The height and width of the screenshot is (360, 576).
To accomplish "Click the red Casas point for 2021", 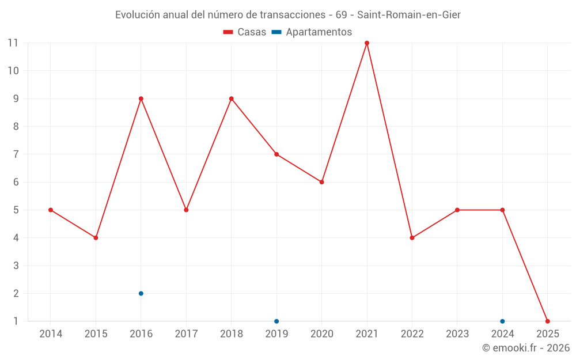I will pyautogui.click(x=367, y=43).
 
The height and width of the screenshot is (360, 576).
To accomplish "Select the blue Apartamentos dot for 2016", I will pyautogui.click(x=141, y=294).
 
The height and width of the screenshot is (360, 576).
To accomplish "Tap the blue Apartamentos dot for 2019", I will pyautogui.click(x=276, y=321).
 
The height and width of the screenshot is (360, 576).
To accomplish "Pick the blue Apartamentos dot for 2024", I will pyautogui.click(x=502, y=321).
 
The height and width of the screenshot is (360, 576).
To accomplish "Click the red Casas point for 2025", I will pyautogui.click(x=548, y=321).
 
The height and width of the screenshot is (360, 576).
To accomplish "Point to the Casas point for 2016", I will pyautogui.click(x=141, y=98).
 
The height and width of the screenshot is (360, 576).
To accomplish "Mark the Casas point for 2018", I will pyautogui.click(x=232, y=98).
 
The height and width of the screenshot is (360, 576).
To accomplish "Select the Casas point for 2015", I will pyautogui.click(x=96, y=238).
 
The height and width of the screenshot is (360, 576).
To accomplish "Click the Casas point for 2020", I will pyautogui.click(x=322, y=182).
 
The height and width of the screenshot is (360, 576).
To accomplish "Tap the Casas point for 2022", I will pyautogui.click(x=412, y=238).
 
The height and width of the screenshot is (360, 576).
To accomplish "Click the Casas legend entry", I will pyautogui.click(x=245, y=32).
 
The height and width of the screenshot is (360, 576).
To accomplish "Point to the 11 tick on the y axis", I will pyautogui.click(x=13, y=43).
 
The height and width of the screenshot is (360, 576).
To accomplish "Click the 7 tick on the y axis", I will pyautogui.click(x=16, y=154).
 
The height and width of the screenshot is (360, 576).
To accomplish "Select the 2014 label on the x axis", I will pyautogui.click(x=51, y=334).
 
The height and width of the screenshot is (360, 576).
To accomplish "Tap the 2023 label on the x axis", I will pyautogui.click(x=457, y=334).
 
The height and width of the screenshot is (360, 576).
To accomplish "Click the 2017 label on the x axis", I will pyautogui.click(x=186, y=334).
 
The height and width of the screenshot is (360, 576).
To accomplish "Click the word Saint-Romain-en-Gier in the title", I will pyautogui.click(x=409, y=15).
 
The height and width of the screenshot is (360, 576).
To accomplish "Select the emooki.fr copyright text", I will pyautogui.click(x=525, y=348).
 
